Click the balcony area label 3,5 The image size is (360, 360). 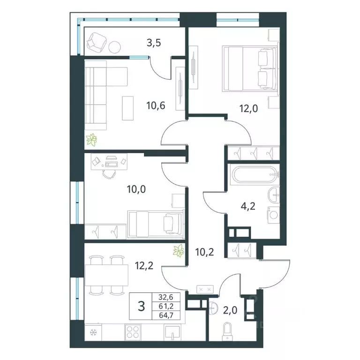point(154,43)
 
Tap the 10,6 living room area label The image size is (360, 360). point(156,106)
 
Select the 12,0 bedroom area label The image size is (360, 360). point(248,108)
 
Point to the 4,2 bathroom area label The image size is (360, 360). point(248,206)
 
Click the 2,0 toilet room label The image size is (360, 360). point(230,310)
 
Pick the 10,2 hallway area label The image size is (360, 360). point(204,252)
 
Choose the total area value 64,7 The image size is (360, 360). point(166,315)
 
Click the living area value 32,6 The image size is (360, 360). point(166,297)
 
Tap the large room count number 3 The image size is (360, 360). point(142,306)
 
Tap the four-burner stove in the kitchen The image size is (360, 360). point(133,332)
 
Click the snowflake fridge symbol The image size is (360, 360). point(93,332)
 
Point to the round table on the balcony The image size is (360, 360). point(114,47)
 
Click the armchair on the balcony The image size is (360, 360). point(97,43)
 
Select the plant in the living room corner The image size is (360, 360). point(91,140)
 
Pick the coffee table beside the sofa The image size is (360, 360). point(127,108)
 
